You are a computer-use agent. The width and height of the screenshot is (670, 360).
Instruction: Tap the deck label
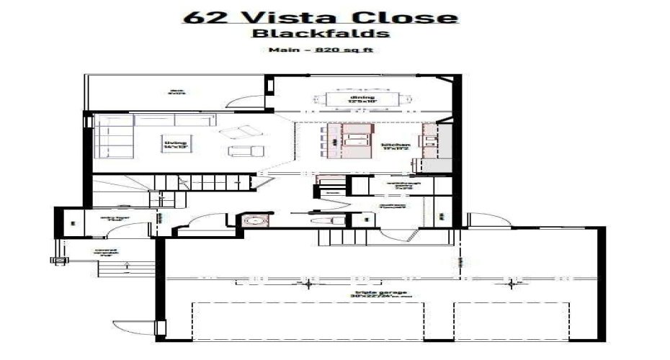click(x=177, y=92)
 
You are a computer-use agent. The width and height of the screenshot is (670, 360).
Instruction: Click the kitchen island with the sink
click(x=353, y=140)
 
